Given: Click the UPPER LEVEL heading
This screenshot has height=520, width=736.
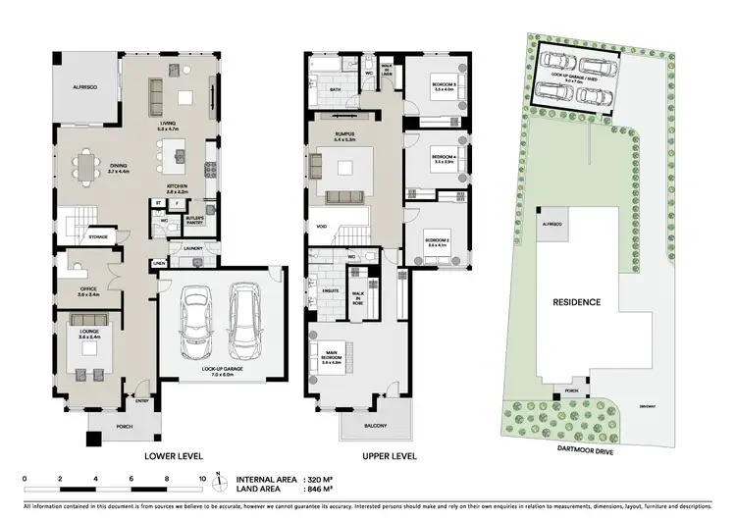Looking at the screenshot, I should (x=362, y=457).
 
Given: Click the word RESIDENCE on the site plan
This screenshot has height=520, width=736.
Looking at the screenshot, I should (x=575, y=302).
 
